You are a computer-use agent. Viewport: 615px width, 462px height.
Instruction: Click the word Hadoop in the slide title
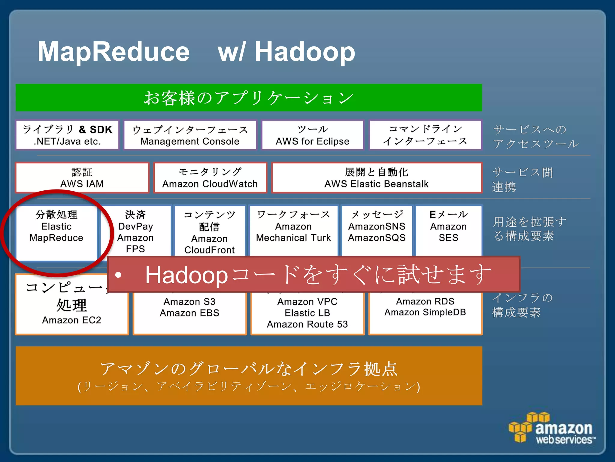[x=304, y=52]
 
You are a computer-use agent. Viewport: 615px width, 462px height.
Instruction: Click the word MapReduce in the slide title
[x=114, y=52]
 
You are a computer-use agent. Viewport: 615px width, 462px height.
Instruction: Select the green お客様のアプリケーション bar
[x=249, y=98]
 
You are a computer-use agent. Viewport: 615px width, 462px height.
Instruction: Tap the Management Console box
[x=190, y=135]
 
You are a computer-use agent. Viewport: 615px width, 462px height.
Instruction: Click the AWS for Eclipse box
[x=313, y=135]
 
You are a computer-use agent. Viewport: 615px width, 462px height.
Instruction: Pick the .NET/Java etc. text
[x=67, y=141]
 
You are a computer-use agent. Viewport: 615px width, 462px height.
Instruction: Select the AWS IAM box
[x=82, y=177]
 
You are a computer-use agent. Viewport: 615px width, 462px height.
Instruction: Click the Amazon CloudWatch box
[x=210, y=177]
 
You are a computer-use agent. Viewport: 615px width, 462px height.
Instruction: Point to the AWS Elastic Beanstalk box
[x=377, y=177]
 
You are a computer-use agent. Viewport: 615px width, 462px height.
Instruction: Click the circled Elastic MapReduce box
[x=56, y=232]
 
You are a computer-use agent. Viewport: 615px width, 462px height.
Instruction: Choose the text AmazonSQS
[x=377, y=238]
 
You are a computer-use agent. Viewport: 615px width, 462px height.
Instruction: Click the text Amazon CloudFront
[x=209, y=244]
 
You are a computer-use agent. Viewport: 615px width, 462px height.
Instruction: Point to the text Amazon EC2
[x=71, y=320]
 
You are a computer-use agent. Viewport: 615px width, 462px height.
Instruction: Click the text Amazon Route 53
[x=307, y=324]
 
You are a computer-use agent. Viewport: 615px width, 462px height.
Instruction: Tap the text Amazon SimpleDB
[x=425, y=312]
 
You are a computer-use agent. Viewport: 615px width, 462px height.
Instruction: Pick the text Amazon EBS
[x=189, y=313]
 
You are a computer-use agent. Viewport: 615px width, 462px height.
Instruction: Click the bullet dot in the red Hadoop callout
[x=118, y=275]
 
